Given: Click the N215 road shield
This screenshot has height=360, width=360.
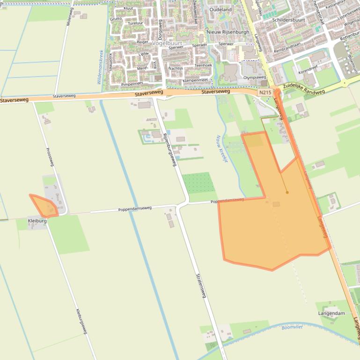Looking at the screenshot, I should (x=265, y=93).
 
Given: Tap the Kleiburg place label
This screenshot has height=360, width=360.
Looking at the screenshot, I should (x=37, y=220).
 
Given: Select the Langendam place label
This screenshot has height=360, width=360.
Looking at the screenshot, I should (x=331, y=313).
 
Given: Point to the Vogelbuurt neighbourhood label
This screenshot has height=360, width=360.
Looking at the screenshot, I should (x=167, y=43).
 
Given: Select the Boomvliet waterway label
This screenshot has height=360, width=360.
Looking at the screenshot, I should (x=292, y=327).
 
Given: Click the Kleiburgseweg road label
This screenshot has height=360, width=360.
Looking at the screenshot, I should (x=81, y=321).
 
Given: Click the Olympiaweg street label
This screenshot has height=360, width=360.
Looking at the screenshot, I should (x=254, y=77).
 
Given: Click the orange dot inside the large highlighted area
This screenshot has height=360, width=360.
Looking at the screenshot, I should (x=287, y=192).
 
